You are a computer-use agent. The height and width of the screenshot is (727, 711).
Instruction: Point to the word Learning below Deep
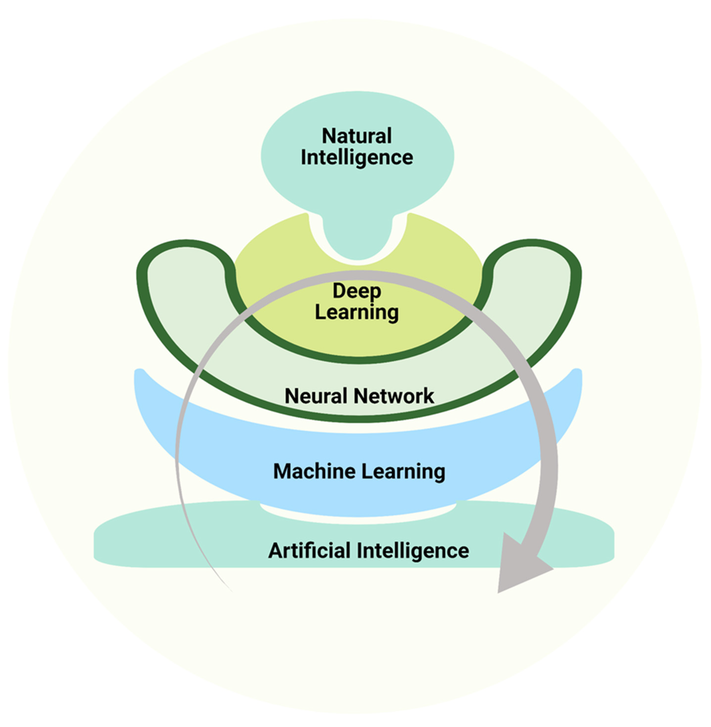click(x=357, y=312)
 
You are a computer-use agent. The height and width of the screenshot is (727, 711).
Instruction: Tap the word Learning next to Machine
click(x=403, y=472)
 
